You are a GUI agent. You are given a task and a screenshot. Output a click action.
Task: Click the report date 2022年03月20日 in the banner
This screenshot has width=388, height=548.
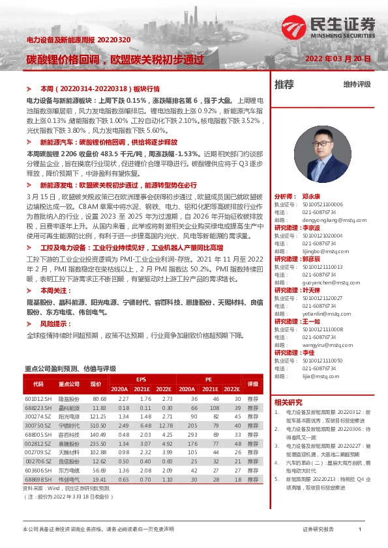click(338, 59)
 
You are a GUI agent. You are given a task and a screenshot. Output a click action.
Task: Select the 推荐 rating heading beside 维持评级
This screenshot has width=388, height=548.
click(284, 85)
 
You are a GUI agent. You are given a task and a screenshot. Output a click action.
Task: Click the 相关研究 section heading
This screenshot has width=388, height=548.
click(288, 402)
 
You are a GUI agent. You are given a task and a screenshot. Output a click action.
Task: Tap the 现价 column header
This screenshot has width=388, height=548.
click(97, 384)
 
